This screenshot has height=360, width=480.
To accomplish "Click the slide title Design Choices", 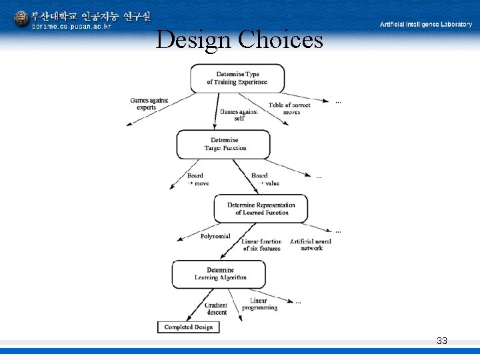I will pyautogui.click(x=239, y=40).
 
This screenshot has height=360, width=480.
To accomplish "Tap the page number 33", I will pyautogui.click(x=441, y=341).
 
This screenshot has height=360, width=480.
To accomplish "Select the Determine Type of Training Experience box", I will pyautogui.click(x=237, y=78).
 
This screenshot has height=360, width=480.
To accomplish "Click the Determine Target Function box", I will pyautogui.click(x=223, y=144).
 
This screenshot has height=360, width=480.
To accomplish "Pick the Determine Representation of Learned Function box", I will pyautogui.click(x=261, y=209).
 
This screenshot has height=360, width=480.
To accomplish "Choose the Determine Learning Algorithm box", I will pyautogui.click(x=219, y=274).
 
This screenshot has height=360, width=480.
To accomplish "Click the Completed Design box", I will pyautogui.click(x=188, y=327).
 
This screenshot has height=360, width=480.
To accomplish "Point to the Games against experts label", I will pyautogui.click(x=149, y=104).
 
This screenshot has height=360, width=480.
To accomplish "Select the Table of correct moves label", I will pyautogui.click(x=290, y=109).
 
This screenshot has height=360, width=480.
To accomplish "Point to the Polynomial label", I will pyautogui.click(x=215, y=236).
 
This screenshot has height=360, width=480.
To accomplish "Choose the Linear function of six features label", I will pyautogui.click(x=261, y=245).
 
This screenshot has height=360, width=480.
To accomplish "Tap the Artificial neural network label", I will pyautogui.click(x=311, y=245).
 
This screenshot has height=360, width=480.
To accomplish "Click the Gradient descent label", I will pyautogui.click(x=217, y=309).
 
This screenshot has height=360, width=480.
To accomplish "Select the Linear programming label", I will pyautogui.click(x=259, y=304).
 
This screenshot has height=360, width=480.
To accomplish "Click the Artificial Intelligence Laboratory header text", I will pyautogui.click(x=425, y=24).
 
